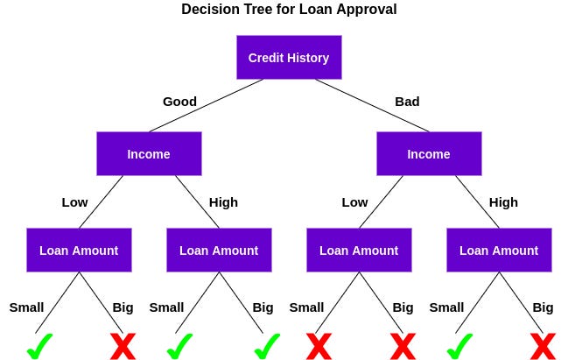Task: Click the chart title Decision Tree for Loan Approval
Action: pyautogui.click(x=289, y=10)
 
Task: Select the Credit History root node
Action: pyautogui.click(x=289, y=58)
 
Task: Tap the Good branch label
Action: pyautogui.click(x=179, y=102)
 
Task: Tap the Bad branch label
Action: pyautogui.click(x=407, y=102)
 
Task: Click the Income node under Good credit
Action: pyautogui.click(x=149, y=154)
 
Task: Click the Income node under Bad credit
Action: pyautogui.click(x=429, y=154)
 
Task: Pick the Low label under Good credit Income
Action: pyautogui.click(x=74, y=202)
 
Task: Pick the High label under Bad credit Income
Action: pyautogui.click(x=503, y=202)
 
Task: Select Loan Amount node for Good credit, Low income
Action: pyautogui.click(x=79, y=251)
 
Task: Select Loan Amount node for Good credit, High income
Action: pyautogui.click(x=219, y=251)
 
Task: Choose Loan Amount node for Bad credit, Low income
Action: pyautogui.click(x=359, y=251)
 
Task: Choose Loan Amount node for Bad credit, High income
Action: pyautogui.click(x=499, y=251)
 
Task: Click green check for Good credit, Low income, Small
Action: pyautogui.click(x=39, y=346)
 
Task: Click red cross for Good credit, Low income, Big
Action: pyautogui.click(x=123, y=346)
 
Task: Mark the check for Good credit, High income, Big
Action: pyautogui.click(x=266, y=346)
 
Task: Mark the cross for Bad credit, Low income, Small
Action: pyautogui.click(x=319, y=346)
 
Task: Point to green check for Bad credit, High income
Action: pyautogui.click(x=459, y=346)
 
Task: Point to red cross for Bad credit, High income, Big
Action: pyautogui.click(x=543, y=346)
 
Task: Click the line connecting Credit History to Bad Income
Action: pyautogui.click(x=372, y=105)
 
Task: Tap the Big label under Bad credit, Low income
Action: pyautogui.click(x=403, y=307)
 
